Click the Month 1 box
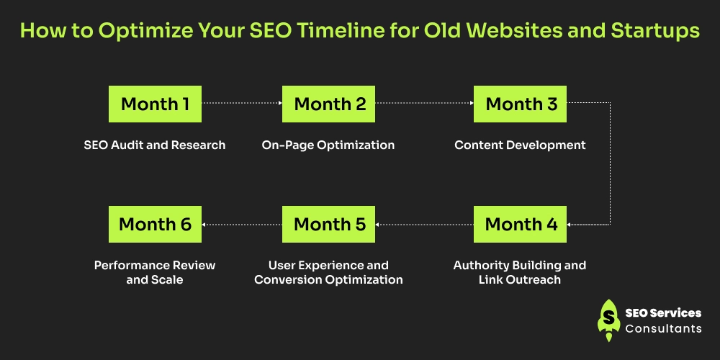point(155,104)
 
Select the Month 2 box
point(328,104)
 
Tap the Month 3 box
point(520,104)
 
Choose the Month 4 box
point(520,224)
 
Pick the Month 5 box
point(328,224)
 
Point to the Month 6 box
point(155,224)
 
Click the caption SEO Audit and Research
point(155,145)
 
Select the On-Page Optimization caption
point(328,145)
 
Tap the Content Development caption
point(520,145)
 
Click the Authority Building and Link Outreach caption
point(520,272)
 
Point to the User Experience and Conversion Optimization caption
point(328,272)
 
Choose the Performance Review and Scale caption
point(155,272)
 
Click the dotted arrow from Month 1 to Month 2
point(241,103)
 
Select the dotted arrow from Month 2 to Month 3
point(424,103)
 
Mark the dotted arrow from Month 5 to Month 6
point(241,225)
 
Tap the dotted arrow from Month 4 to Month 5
point(424,225)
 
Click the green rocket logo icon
point(609,320)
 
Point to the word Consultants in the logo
point(664,328)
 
